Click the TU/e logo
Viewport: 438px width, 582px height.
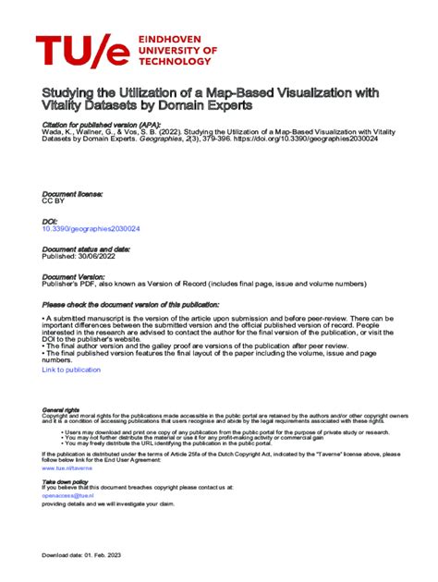tap(83, 52)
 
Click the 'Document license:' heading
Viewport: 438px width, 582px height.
tap(73, 194)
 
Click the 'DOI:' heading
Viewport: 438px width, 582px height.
tap(50, 221)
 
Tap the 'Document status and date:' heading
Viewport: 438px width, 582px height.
tap(86, 249)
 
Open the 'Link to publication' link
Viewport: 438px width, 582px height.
tap(71, 370)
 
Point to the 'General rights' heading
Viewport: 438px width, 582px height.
tap(61, 410)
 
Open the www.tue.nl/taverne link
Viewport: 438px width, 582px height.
tap(67, 468)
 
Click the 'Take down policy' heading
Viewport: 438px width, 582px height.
tap(66, 481)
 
